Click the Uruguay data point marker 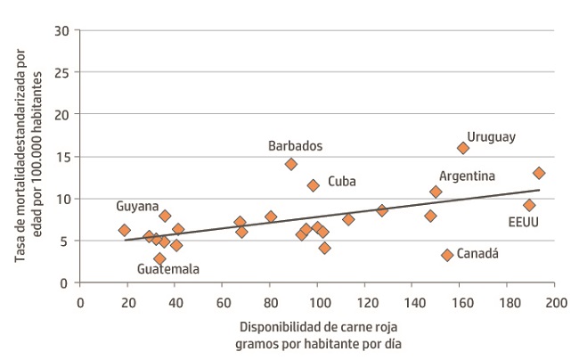(x=463, y=148)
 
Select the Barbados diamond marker (x=290, y=164)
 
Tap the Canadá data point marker (x=447, y=255)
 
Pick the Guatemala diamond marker (x=159, y=258)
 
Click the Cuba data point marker (x=314, y=185)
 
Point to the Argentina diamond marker (x=436, y=192)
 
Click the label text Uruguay (x=492, y=136)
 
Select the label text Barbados (x=295, y=145)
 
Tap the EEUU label (x=523, y=223)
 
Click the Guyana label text (x=137, y=206)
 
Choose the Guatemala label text (x=168, y=269)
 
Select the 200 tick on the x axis (x=556, y=300)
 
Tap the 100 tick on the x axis (x=318, y=300)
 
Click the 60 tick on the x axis (x=223, y=300)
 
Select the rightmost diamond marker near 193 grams (x=539, y=173)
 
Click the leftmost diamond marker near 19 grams (x=125, y=230)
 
